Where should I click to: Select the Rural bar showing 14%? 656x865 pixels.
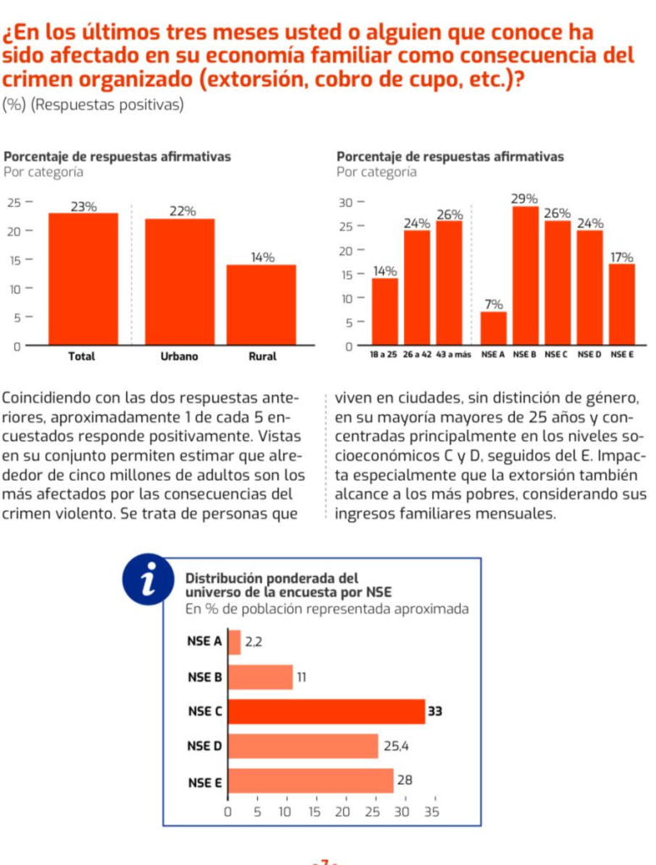pos(261,305)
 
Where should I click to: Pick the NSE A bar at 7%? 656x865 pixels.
pos(494,329)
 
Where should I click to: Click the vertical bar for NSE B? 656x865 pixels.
pos(525,275)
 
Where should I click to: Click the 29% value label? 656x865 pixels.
pos(525,199)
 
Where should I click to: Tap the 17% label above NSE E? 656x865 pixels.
pos(622,257)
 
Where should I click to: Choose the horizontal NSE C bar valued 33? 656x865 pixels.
pos(327,712)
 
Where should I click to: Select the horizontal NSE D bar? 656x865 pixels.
pos(303,746)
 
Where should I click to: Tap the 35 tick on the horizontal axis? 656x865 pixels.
pos(431,812)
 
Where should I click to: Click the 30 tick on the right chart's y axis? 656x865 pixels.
pos(344,203)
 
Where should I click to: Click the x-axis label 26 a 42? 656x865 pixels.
pos(417,356)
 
